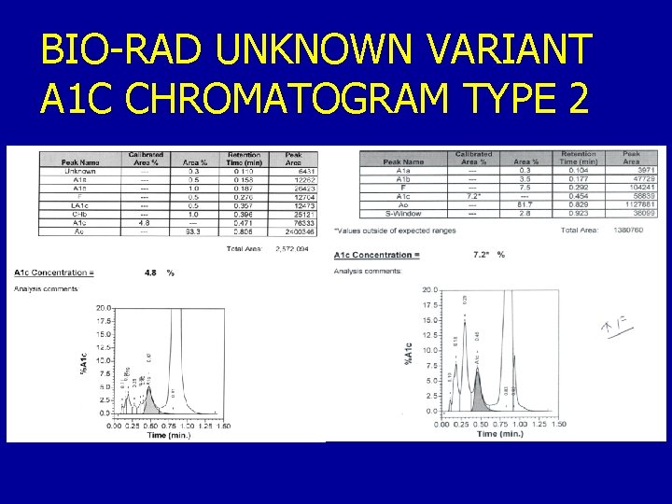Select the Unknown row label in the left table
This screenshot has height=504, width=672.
click(x=79, y=171)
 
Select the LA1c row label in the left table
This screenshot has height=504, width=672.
click(x=79, y=205)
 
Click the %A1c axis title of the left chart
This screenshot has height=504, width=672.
click(x=86, y=362)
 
